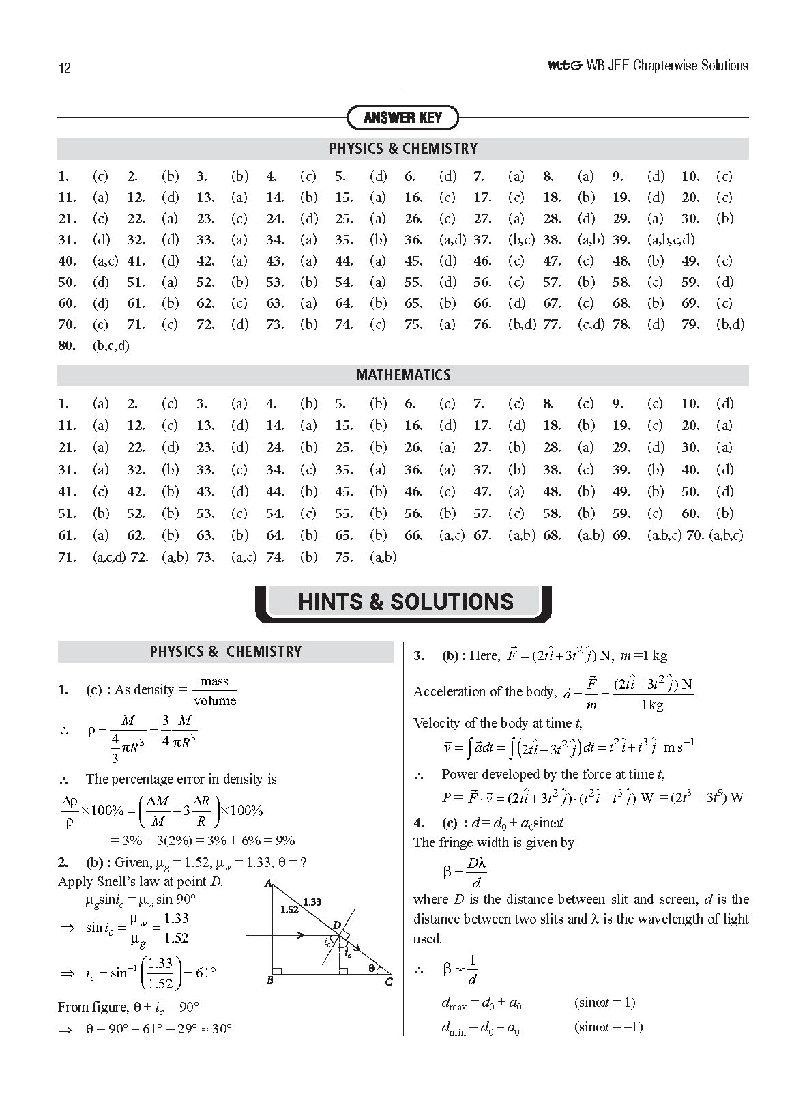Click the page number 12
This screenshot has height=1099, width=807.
point(65,68)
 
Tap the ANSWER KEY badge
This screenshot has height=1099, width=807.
point(402,117)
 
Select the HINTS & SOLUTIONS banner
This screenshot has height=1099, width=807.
point(405,601)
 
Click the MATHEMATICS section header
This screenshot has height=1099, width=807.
point(403,375)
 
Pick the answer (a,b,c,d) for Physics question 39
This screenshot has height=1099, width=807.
point(671,240)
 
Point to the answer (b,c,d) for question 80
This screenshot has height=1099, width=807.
point(111,345)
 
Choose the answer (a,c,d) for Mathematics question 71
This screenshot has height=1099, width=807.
point(108,557)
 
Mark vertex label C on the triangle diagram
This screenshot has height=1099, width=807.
point(389,982)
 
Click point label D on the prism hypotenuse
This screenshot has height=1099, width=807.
point(336,925)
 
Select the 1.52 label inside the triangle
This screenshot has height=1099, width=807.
point(289,909)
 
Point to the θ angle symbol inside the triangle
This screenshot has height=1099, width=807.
point(371,967)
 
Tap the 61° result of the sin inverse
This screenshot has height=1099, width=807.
point(205,973)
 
